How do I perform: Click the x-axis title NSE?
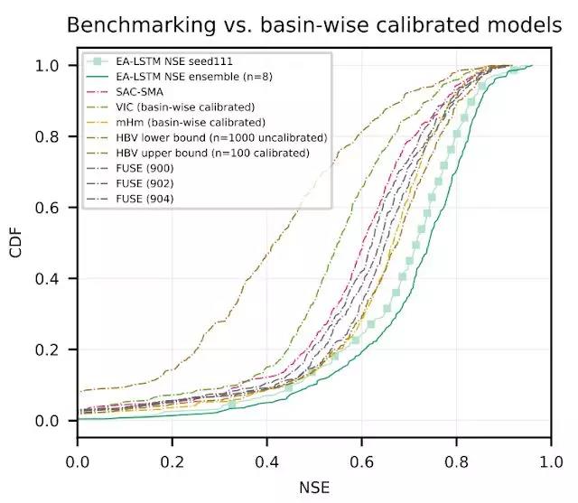pyautogui.click(x=313, y=488)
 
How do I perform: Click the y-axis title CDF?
pyautogui.click(x=15, y=244)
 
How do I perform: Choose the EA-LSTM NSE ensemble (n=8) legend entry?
pyautogui.click(x=186, y=76)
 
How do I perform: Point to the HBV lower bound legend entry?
pyautogui.click(x=222, y=137)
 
